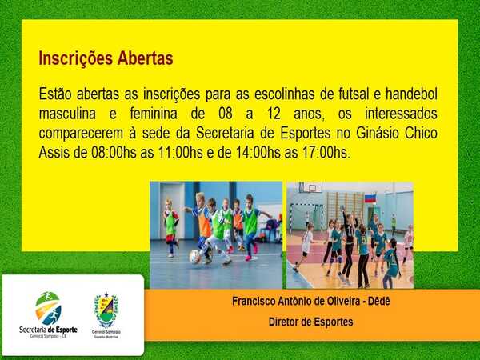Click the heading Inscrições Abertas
click(106, 58)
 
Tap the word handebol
click(411, 94)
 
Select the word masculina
click(67, 114)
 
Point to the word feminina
click(154, 114)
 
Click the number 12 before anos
click(274, 114)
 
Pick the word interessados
click(401, 114)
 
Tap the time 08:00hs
click(114, 153)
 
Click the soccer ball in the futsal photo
click(194, 257)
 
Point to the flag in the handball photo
click(370, 198)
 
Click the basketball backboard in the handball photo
click(310, 187)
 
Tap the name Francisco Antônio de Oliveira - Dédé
click(311, 302)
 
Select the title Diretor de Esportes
click(310, 322)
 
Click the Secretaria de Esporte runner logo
click(48, 308)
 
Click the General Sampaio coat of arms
click(106, 310)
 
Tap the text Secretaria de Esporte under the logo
click(48, 330)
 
